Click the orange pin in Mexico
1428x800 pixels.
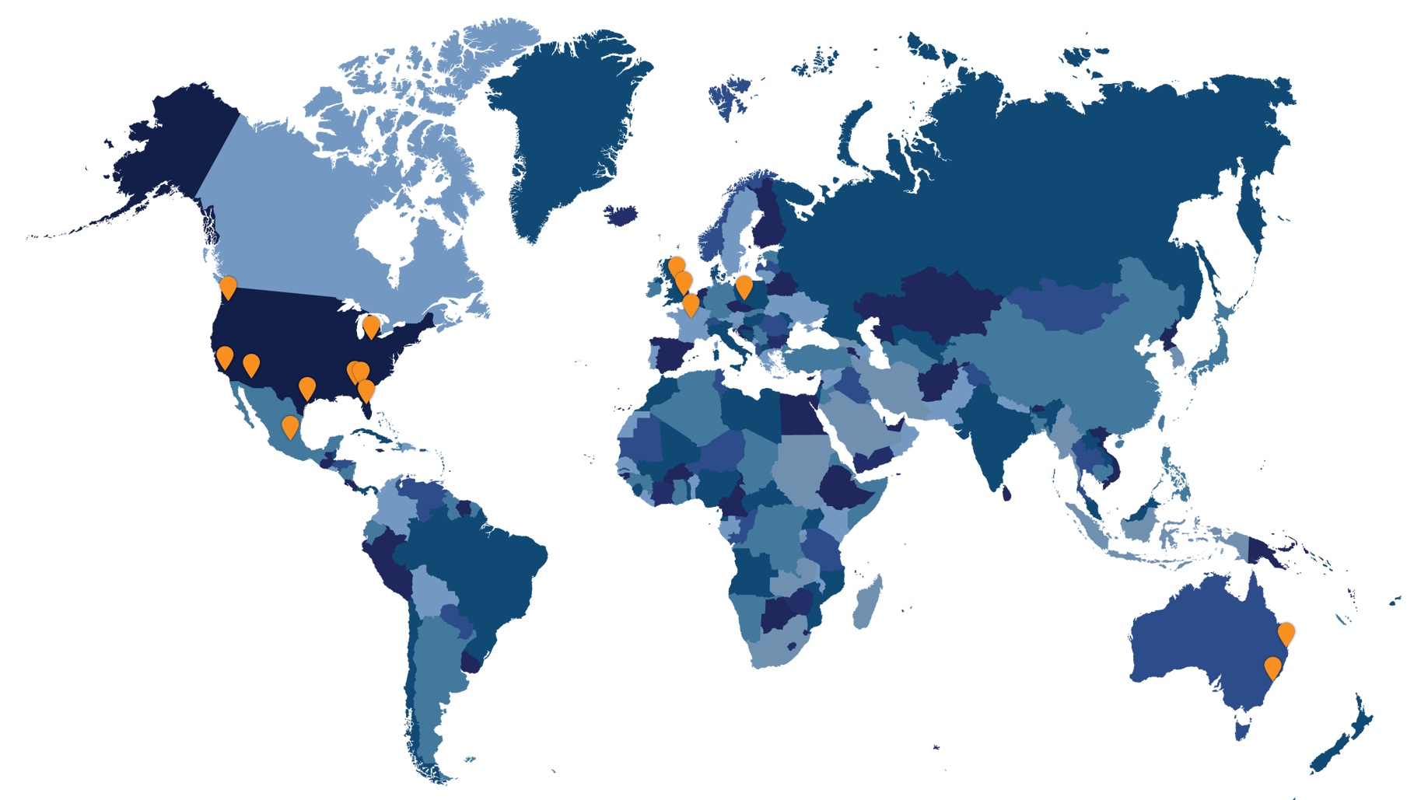coord(289,426)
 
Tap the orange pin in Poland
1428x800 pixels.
coord(744,286)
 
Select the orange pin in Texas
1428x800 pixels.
coord(307,387)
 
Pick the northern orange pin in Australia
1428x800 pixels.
coord(1286,633)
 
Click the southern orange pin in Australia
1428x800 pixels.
coord(1272,667)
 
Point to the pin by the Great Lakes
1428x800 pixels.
coord(372,326)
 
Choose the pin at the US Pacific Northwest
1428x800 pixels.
coord(228,286)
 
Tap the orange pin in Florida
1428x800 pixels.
coord(366,390)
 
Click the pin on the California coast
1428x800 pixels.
coord(224,357)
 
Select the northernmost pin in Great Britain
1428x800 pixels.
coord(677,267)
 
